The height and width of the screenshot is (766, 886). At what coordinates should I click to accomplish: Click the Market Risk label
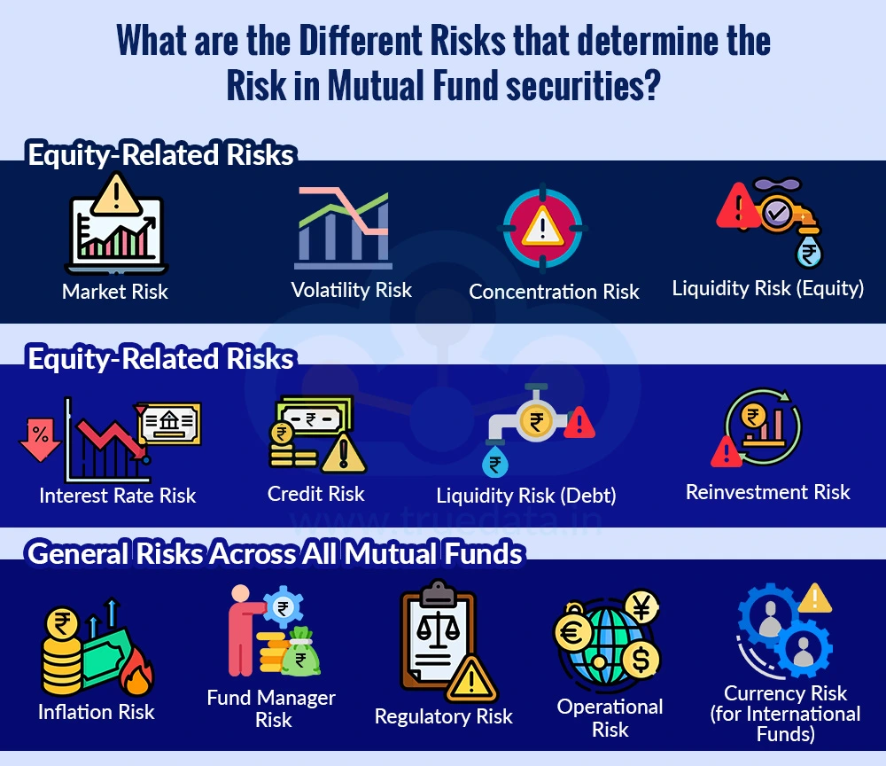115,292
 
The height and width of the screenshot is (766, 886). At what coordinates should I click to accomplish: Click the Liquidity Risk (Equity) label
768,288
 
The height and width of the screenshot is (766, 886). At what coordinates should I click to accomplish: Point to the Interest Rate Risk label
118,495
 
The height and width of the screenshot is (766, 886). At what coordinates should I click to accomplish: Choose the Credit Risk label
316,494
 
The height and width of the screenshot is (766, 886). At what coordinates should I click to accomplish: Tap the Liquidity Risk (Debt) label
526,496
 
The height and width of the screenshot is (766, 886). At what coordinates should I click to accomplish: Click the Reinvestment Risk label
768,492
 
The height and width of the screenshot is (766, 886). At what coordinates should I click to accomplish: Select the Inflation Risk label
97,711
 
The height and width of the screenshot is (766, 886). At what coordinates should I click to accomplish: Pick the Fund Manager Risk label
271,708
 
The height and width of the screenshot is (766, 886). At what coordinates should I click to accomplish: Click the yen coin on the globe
641,606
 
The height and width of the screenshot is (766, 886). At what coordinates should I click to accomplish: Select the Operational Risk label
610,718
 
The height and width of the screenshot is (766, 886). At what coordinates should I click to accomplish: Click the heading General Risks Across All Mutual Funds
276,554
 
